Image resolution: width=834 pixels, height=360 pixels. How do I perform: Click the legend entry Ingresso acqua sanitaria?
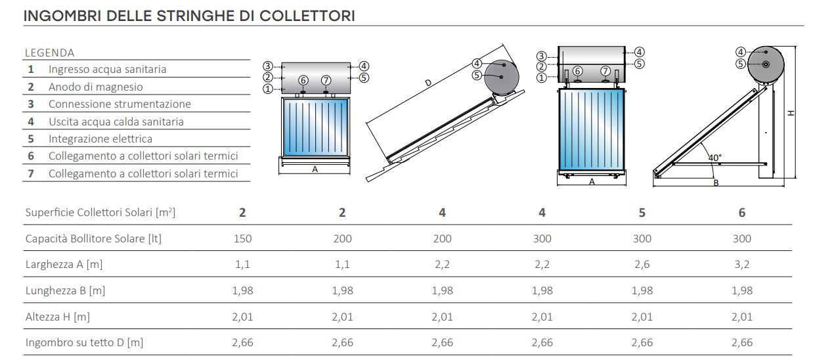[x=107, y=69]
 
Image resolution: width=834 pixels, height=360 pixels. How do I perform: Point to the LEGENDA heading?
[x=49, y=53]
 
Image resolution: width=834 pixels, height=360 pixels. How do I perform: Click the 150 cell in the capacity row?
[x=242, y=238]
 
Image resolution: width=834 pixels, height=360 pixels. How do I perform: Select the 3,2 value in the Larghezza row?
[x=742, y=264]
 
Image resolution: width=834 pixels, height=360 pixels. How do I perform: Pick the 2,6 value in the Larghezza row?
[x=642, y=264]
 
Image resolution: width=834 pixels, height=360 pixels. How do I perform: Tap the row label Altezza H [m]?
[x=58, y=317]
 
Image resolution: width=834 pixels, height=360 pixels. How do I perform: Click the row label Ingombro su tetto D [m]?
[x=84, y=342]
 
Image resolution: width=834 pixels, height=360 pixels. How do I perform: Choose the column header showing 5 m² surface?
[x=642, y=212]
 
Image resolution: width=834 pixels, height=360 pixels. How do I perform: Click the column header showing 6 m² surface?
[x=742, y=212]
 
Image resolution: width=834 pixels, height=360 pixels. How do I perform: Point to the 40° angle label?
[x=714, y=158]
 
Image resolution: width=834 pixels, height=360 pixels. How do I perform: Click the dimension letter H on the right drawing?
[x=792, y=112]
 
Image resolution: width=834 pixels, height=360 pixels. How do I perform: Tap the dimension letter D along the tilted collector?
[x=428, y=83]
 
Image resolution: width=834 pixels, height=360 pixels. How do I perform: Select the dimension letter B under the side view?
[x=716, y=183]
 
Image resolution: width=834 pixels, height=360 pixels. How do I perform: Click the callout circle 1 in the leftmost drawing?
[x=267, y=89]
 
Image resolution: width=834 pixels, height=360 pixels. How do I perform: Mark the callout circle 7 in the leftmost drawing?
[x=326, y=80]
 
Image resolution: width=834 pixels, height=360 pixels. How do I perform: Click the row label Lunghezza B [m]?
[x=64, y=290]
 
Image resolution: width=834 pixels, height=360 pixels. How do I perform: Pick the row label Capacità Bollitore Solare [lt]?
[x=93, y=238]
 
